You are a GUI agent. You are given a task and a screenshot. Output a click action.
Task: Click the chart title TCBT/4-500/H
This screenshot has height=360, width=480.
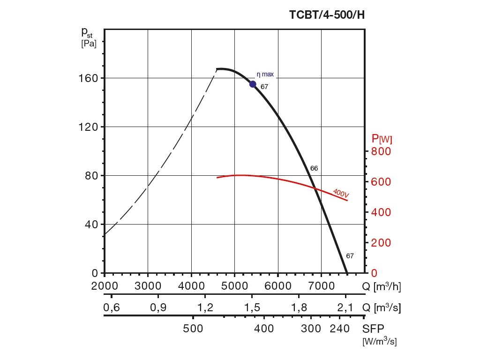pyautogui.click(x=327, y=15)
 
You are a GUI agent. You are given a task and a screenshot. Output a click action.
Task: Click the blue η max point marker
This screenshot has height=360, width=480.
pyautogui.click(x=253, y=84)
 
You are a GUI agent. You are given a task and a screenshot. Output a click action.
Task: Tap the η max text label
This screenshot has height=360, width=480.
pyautogui.click(x=265, y=74)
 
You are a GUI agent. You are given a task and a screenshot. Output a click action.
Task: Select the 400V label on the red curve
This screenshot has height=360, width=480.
pyautogui.click(x=341, y=192)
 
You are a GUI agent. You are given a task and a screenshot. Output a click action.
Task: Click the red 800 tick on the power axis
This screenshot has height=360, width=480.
pyautogui.click(x=381, y=151)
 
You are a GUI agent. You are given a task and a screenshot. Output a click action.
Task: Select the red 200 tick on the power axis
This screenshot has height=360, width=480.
pyautogui.click(x=381, y=243)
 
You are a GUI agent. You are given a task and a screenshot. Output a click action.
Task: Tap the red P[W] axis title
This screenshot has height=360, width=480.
pyautogui.click(x=382, y=139)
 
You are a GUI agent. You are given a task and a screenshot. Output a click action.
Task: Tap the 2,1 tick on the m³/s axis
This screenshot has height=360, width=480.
pyautogui.click(x=345, y=308)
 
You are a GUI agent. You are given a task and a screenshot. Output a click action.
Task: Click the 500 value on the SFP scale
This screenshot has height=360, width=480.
pyautogui.click(x=193, y=329)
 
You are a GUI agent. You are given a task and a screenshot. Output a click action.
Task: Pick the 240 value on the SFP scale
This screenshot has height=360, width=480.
pyautogui.click(x=340, y=329)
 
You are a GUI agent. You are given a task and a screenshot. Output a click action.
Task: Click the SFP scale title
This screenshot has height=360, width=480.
pyautogui.click(x=373, y=329)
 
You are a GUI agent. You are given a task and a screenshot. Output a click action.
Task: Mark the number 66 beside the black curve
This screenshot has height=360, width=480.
pyautogui.click(x=314, y=168)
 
